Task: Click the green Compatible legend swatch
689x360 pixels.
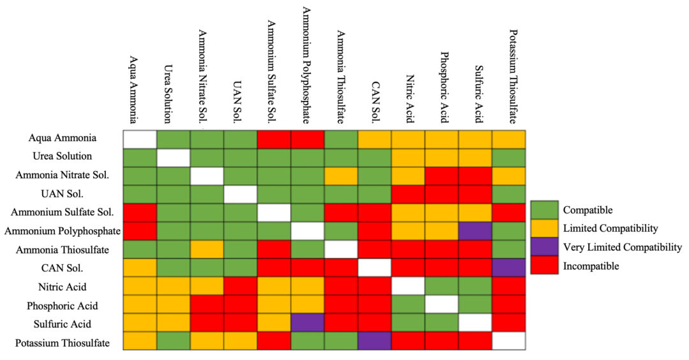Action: pyautogui.click(x=544, y=209)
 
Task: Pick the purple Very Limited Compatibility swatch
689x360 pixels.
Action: pyautogui.click(x=544, y=247)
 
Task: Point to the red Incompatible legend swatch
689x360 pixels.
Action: pyautogui.click(x=544, y=266)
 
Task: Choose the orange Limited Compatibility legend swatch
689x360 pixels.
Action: pyautogui.click(x=544, y=228)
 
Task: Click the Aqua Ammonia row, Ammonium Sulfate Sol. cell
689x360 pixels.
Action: pyautogui.click(x=274, y=138)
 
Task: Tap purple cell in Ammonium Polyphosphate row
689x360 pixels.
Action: pyautogui.click(x=475, y=229)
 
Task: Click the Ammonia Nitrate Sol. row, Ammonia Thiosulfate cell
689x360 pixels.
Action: pyautogui.click(x=341, y=174)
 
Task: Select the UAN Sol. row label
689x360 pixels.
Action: pyautogui.click(x=75, y=193)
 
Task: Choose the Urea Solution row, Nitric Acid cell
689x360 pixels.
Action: pyautogui.click(x=408, y=156)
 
